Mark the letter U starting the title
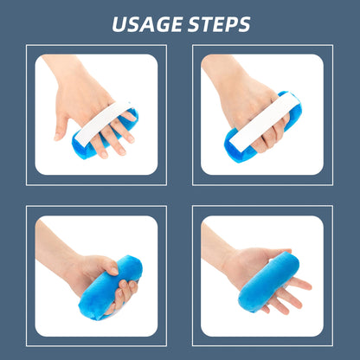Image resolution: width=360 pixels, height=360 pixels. tap(119, 24)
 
